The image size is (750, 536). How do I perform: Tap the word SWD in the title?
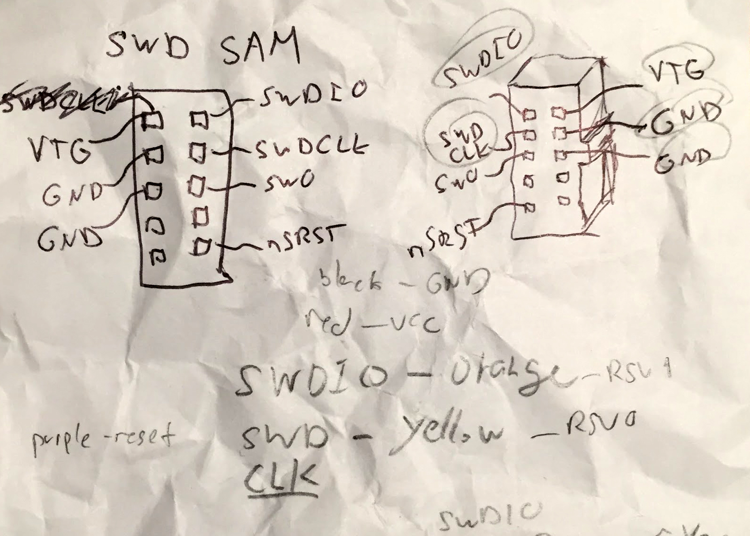point(148,46)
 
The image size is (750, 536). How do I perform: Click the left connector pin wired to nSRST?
point(202,246)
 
